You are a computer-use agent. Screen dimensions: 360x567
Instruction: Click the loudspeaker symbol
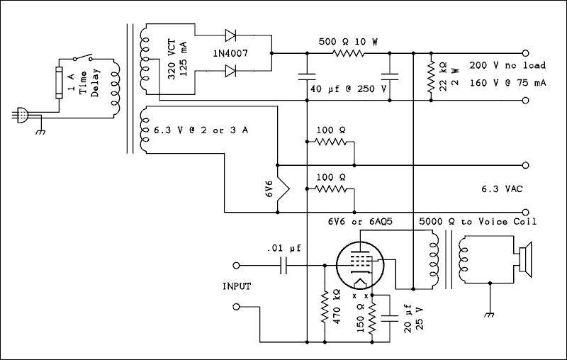pyautogui.click(x=523, y=263)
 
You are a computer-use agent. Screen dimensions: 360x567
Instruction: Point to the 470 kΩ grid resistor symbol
pyautogui.click(x=325, y=305)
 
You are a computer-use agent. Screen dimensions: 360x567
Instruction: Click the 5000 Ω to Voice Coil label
pyautogui.click(x=478, y=221)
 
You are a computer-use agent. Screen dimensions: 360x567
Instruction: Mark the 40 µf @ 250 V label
pyautogui.click(x=348, y=89)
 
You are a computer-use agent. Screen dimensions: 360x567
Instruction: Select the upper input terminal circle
pyautogui.click(x=237, y=265)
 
